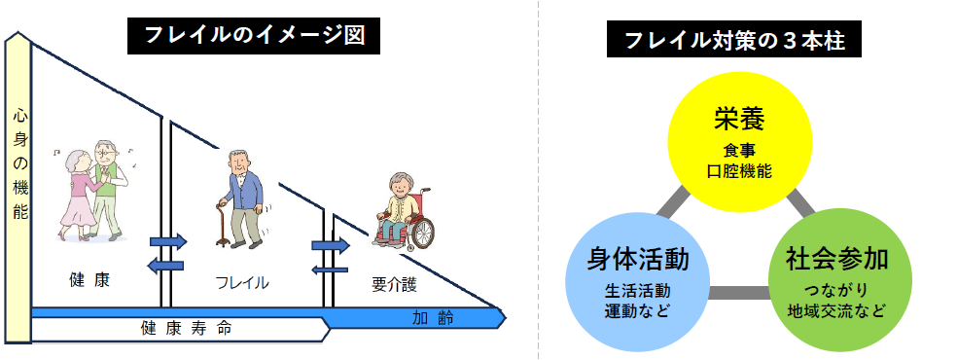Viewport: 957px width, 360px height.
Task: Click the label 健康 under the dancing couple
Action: (89, 280)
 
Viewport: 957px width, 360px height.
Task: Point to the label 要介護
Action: (393, 284)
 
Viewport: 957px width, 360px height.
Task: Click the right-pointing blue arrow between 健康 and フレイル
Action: (167, 240)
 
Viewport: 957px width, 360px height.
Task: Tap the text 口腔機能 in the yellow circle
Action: (739, 171)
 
